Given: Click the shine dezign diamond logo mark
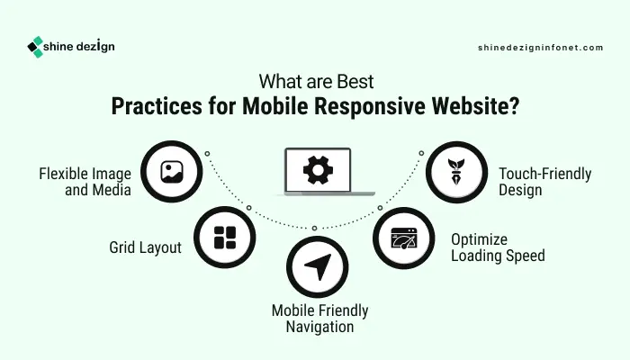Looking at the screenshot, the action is [35, 47].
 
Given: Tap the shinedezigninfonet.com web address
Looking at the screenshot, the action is [540, 48].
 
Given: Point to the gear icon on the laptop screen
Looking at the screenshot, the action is [318, 170].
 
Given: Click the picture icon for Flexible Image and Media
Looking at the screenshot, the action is [172, 172].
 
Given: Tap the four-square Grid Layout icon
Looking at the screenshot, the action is [225, 238].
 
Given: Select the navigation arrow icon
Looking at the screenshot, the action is [318, 266].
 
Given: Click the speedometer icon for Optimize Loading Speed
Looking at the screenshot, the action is [404, 238].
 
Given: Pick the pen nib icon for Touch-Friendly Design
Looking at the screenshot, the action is [456, 172].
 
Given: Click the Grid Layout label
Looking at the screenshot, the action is [146, 247].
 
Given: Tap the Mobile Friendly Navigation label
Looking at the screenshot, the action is [319, 319].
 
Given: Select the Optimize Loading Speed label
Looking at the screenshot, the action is [498, 247].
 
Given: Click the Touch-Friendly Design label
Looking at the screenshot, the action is [544, 182].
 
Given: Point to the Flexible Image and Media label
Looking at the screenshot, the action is [85, 182].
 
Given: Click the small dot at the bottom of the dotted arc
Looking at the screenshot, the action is [315, 229].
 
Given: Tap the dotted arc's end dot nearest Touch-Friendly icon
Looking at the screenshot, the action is [421, 153].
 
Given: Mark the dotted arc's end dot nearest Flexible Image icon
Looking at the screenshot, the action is [207, 154].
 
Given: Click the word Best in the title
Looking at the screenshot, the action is [355, 82].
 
